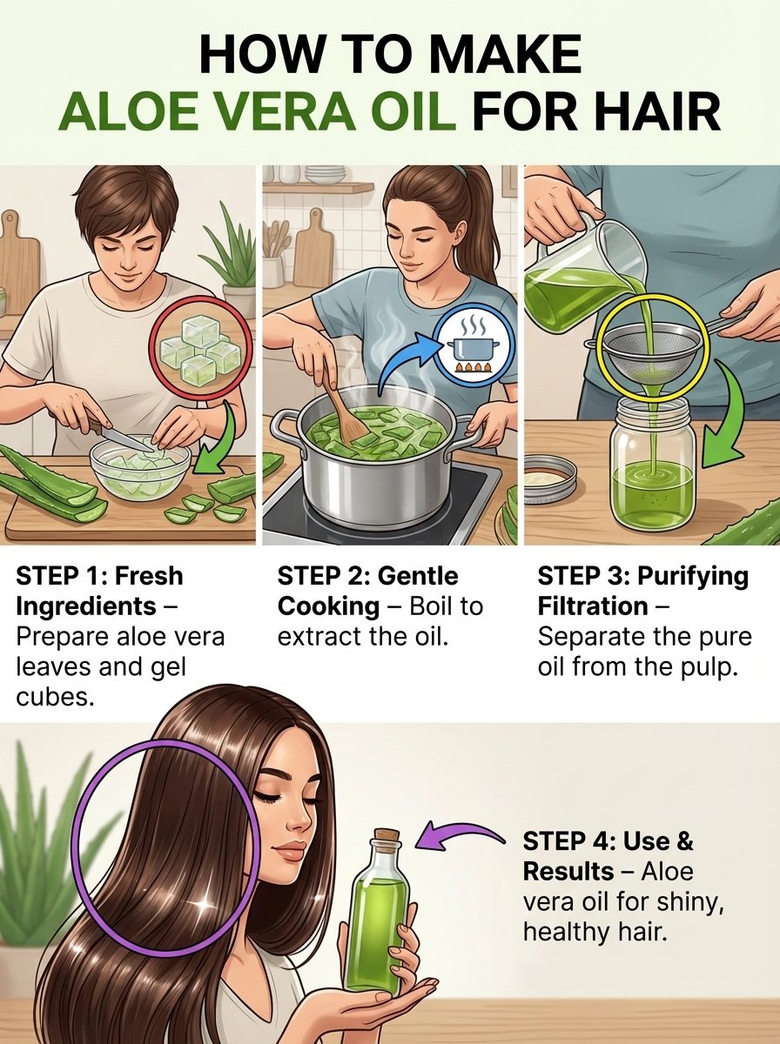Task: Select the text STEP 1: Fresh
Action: (100, 576)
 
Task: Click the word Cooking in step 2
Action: (328, 606)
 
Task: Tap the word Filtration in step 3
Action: (593, 606)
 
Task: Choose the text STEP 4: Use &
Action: (609, 842)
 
